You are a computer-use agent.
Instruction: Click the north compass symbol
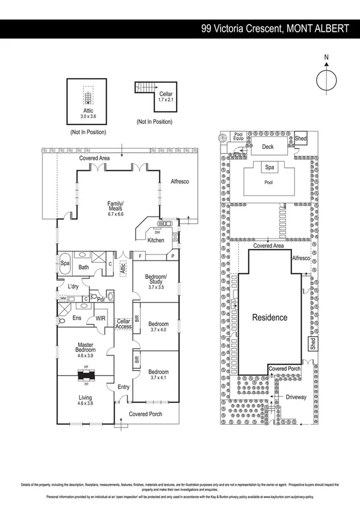point(326,79)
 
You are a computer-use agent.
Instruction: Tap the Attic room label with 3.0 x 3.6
point(88,114)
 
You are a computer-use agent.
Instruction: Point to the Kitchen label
point(156,241)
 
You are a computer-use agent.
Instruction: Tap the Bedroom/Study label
point(156,281)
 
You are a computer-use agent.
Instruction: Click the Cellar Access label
point(123,324)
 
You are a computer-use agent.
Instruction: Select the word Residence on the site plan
point(269,318)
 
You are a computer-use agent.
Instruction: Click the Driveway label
point(295,397)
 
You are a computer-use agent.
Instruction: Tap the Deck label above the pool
point(266,146)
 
